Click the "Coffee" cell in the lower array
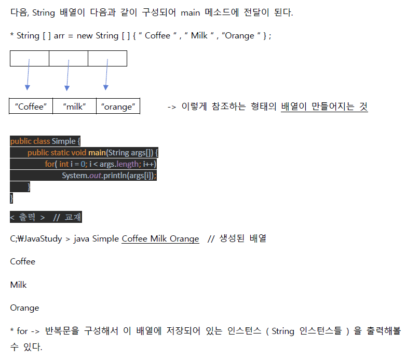pyautogui.click(x=31, y=106)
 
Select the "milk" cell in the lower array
pyautogui.click(x=74, y=106)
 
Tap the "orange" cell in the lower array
pyautogui.click(x=118, y=106)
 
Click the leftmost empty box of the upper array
pyautogui.click(x=30, y=58)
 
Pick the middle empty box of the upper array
pyautogui.click(x=69, y=58)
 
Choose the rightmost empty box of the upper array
pyautogui.click(x=107, y=58)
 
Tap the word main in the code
pyautogui.click(x=96, y=153)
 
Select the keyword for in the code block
pyautogui.click(x=49, y=164)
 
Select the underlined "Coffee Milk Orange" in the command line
pyautogui.click(x=160, y=239)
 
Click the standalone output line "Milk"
pyautogui.click(x=18, y=285)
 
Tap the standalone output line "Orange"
pyautogui.click(x=24, y=308)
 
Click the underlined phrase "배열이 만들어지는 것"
pyautogui.click(x=324, y=106)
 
